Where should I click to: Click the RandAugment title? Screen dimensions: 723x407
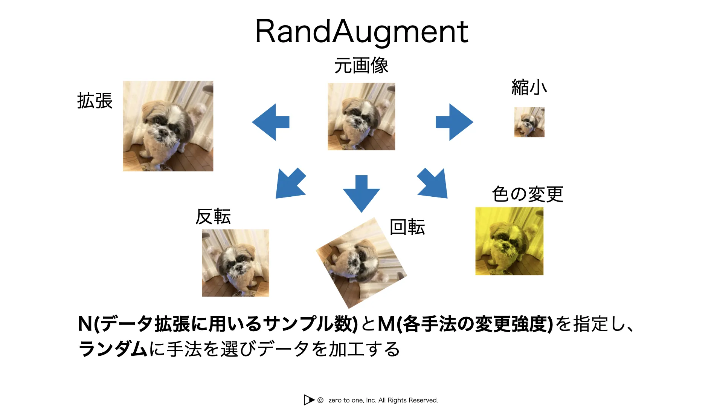361,32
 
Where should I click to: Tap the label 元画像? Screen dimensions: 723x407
361,66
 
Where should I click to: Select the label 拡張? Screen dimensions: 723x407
95,101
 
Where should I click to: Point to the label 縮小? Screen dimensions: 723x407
529,87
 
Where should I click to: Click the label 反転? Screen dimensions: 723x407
213,217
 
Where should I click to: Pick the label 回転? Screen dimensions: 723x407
407,227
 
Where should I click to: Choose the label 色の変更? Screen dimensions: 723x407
528,194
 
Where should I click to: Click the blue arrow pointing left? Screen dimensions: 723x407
271,122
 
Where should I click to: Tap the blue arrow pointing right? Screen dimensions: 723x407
455,122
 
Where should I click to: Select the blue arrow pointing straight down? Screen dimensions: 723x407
361,194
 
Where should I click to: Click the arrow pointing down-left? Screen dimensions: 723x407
290,183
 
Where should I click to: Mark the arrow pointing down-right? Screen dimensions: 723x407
433,183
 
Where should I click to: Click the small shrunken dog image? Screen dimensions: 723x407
529,122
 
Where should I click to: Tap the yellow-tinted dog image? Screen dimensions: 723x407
509,241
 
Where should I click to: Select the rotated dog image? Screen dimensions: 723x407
361,263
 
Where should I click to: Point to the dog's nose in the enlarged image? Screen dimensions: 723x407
163,132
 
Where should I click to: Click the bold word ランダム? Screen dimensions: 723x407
113,349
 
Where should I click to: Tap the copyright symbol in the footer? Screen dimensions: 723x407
320,400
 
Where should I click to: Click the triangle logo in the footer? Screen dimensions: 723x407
309,400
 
